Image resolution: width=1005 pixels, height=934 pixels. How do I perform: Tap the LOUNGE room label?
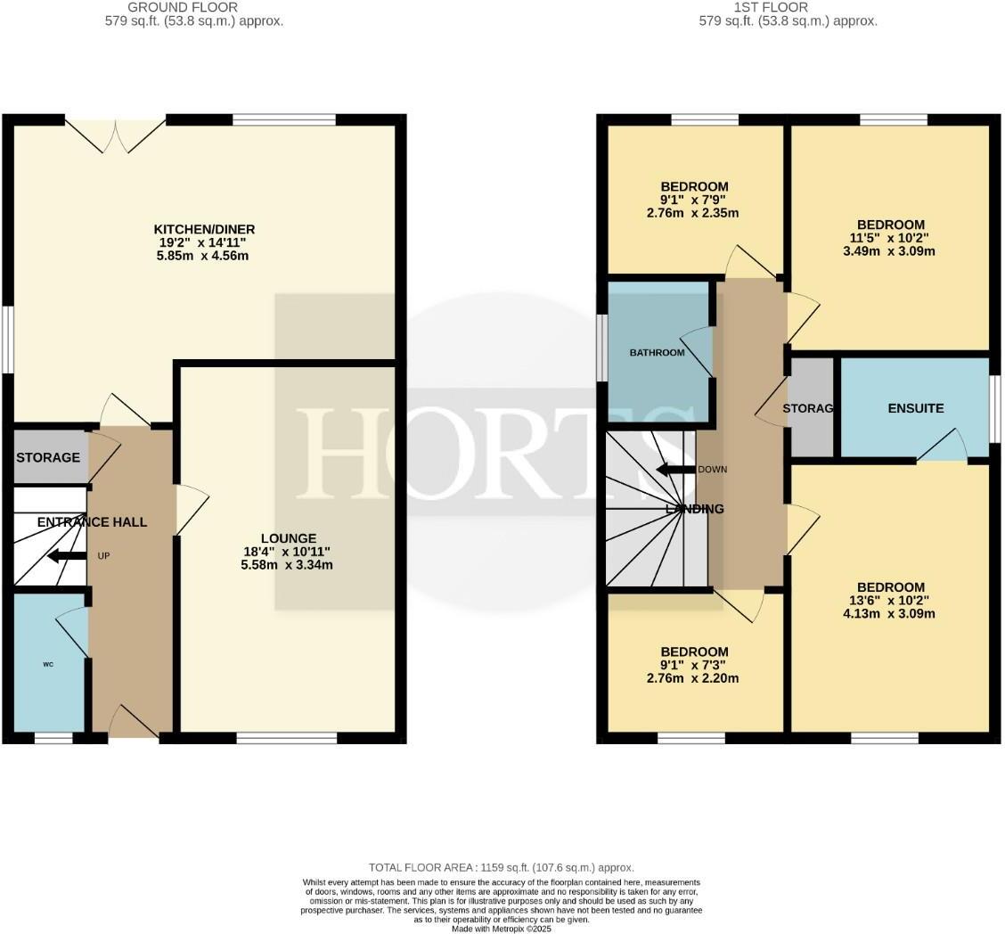(289, 538)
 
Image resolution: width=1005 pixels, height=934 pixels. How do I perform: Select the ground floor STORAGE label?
(48, 457)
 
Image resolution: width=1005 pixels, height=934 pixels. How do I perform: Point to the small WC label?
(48, 664)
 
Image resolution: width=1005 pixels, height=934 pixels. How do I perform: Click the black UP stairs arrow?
(66, 556)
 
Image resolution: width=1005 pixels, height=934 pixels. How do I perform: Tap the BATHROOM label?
(658, 353)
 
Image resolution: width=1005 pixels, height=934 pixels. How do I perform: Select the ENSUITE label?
(915, 408)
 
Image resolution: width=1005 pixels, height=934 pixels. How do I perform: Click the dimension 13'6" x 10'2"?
(890, 600)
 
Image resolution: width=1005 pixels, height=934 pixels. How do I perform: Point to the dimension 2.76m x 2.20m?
(694, 678)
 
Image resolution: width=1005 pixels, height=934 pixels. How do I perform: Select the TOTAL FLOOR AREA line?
(502, 867)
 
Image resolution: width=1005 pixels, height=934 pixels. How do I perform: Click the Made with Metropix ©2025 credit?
(502, 929)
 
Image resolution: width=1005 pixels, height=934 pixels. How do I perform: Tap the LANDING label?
(695, 509)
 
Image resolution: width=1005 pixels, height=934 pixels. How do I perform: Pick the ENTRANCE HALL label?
(92, 522)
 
